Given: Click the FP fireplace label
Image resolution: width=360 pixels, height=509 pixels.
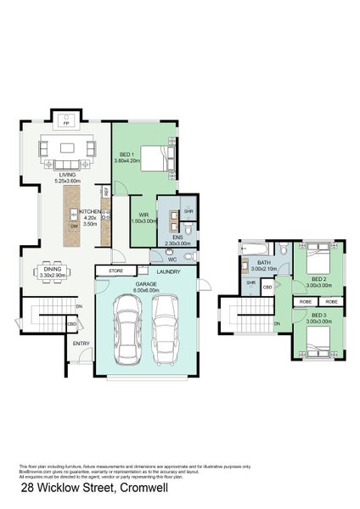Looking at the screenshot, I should point(66,122).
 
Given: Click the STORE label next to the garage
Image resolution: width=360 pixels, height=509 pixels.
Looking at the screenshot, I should point(116,271).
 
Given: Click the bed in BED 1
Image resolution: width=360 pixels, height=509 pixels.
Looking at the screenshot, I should point(155,158).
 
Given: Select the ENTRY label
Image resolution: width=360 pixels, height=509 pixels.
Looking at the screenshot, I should point(82,344).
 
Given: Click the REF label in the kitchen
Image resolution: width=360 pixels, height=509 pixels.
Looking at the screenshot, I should point(106,192).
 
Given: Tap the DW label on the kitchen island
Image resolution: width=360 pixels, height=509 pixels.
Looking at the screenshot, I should point(74,227).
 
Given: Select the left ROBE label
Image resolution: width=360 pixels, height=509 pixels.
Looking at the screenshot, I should point(304,301).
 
